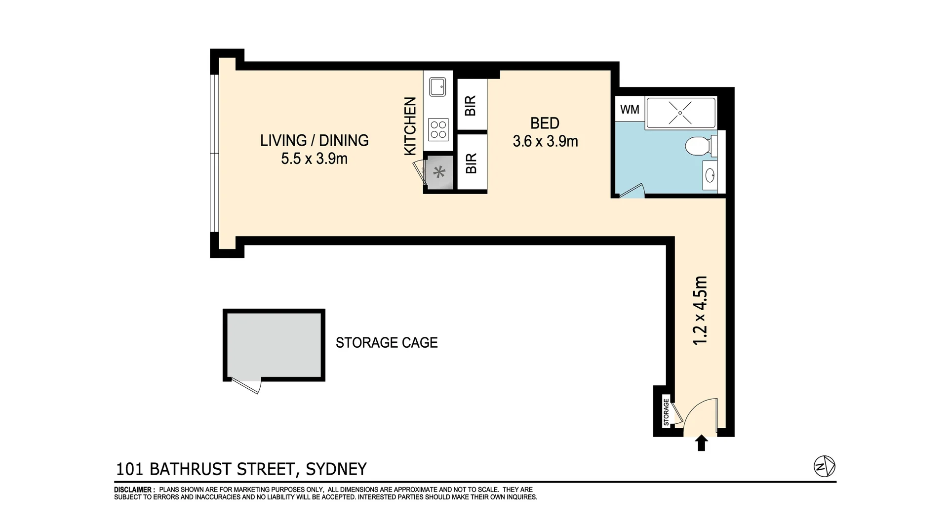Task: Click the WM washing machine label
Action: pos(630,109)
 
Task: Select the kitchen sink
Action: pos(437,87)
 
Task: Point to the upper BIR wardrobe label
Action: pos(471,105)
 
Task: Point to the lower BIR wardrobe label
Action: pos(472,163)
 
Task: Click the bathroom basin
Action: pos(710,175)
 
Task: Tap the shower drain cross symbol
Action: pos(680,113)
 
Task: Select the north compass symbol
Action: pos(824,466)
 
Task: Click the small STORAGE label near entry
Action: pos(666,412)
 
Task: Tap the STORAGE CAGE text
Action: pos(387,343)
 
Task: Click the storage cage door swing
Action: pos(247,386)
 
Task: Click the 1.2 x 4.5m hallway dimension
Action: pos(701,310)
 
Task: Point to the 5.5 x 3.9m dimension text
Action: pos(314,159)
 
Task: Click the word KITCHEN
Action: pos(410,126)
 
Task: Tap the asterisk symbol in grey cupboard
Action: pos(439,172)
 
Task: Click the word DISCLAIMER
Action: pos(134,490)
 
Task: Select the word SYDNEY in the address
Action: pos(336,469)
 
